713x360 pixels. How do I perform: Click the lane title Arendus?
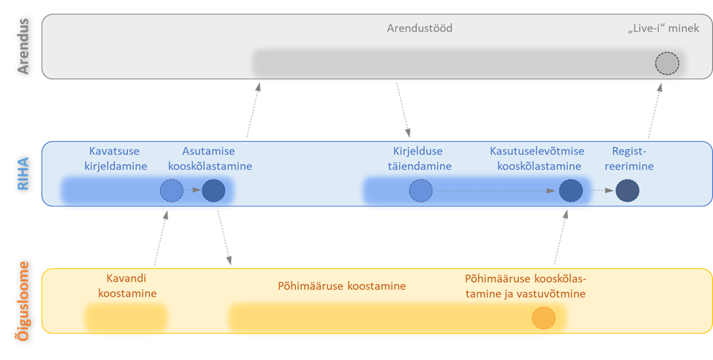click(x=23, y=46)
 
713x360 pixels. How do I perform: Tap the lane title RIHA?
click(x=23, y=173)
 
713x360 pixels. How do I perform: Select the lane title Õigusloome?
click(x=23, y=301)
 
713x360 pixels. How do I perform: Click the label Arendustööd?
click(x=419, y=28)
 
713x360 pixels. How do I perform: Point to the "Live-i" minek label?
click(x=663, y=28)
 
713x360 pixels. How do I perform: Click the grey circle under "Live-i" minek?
click(x=667, y=63)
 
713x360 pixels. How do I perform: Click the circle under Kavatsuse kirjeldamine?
click(x=171, y=191)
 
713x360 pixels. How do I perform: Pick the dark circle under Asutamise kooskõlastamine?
click(x=213, y=191)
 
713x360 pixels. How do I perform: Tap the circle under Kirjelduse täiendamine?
click(x=420, y=191)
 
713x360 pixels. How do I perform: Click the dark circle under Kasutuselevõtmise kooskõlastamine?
click(x=570, y=191)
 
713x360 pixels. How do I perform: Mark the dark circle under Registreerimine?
click(x=627, y=191)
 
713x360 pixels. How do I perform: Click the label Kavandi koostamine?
click(x=127, y=285)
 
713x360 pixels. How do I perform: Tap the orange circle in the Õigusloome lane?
click(x=543, y=318)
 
